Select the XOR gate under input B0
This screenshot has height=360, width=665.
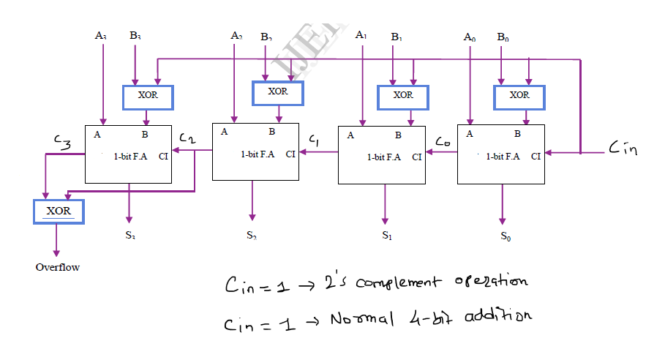519,97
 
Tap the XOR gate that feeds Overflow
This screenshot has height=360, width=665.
59,211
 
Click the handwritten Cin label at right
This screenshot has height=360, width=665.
623,149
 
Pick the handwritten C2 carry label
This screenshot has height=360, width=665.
187,139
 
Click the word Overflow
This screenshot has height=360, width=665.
58,267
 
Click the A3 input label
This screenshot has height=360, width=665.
101,35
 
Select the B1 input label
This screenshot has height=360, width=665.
396,36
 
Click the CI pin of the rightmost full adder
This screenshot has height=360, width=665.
536,155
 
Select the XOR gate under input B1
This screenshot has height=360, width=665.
402,97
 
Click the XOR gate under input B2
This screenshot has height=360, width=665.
277,93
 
